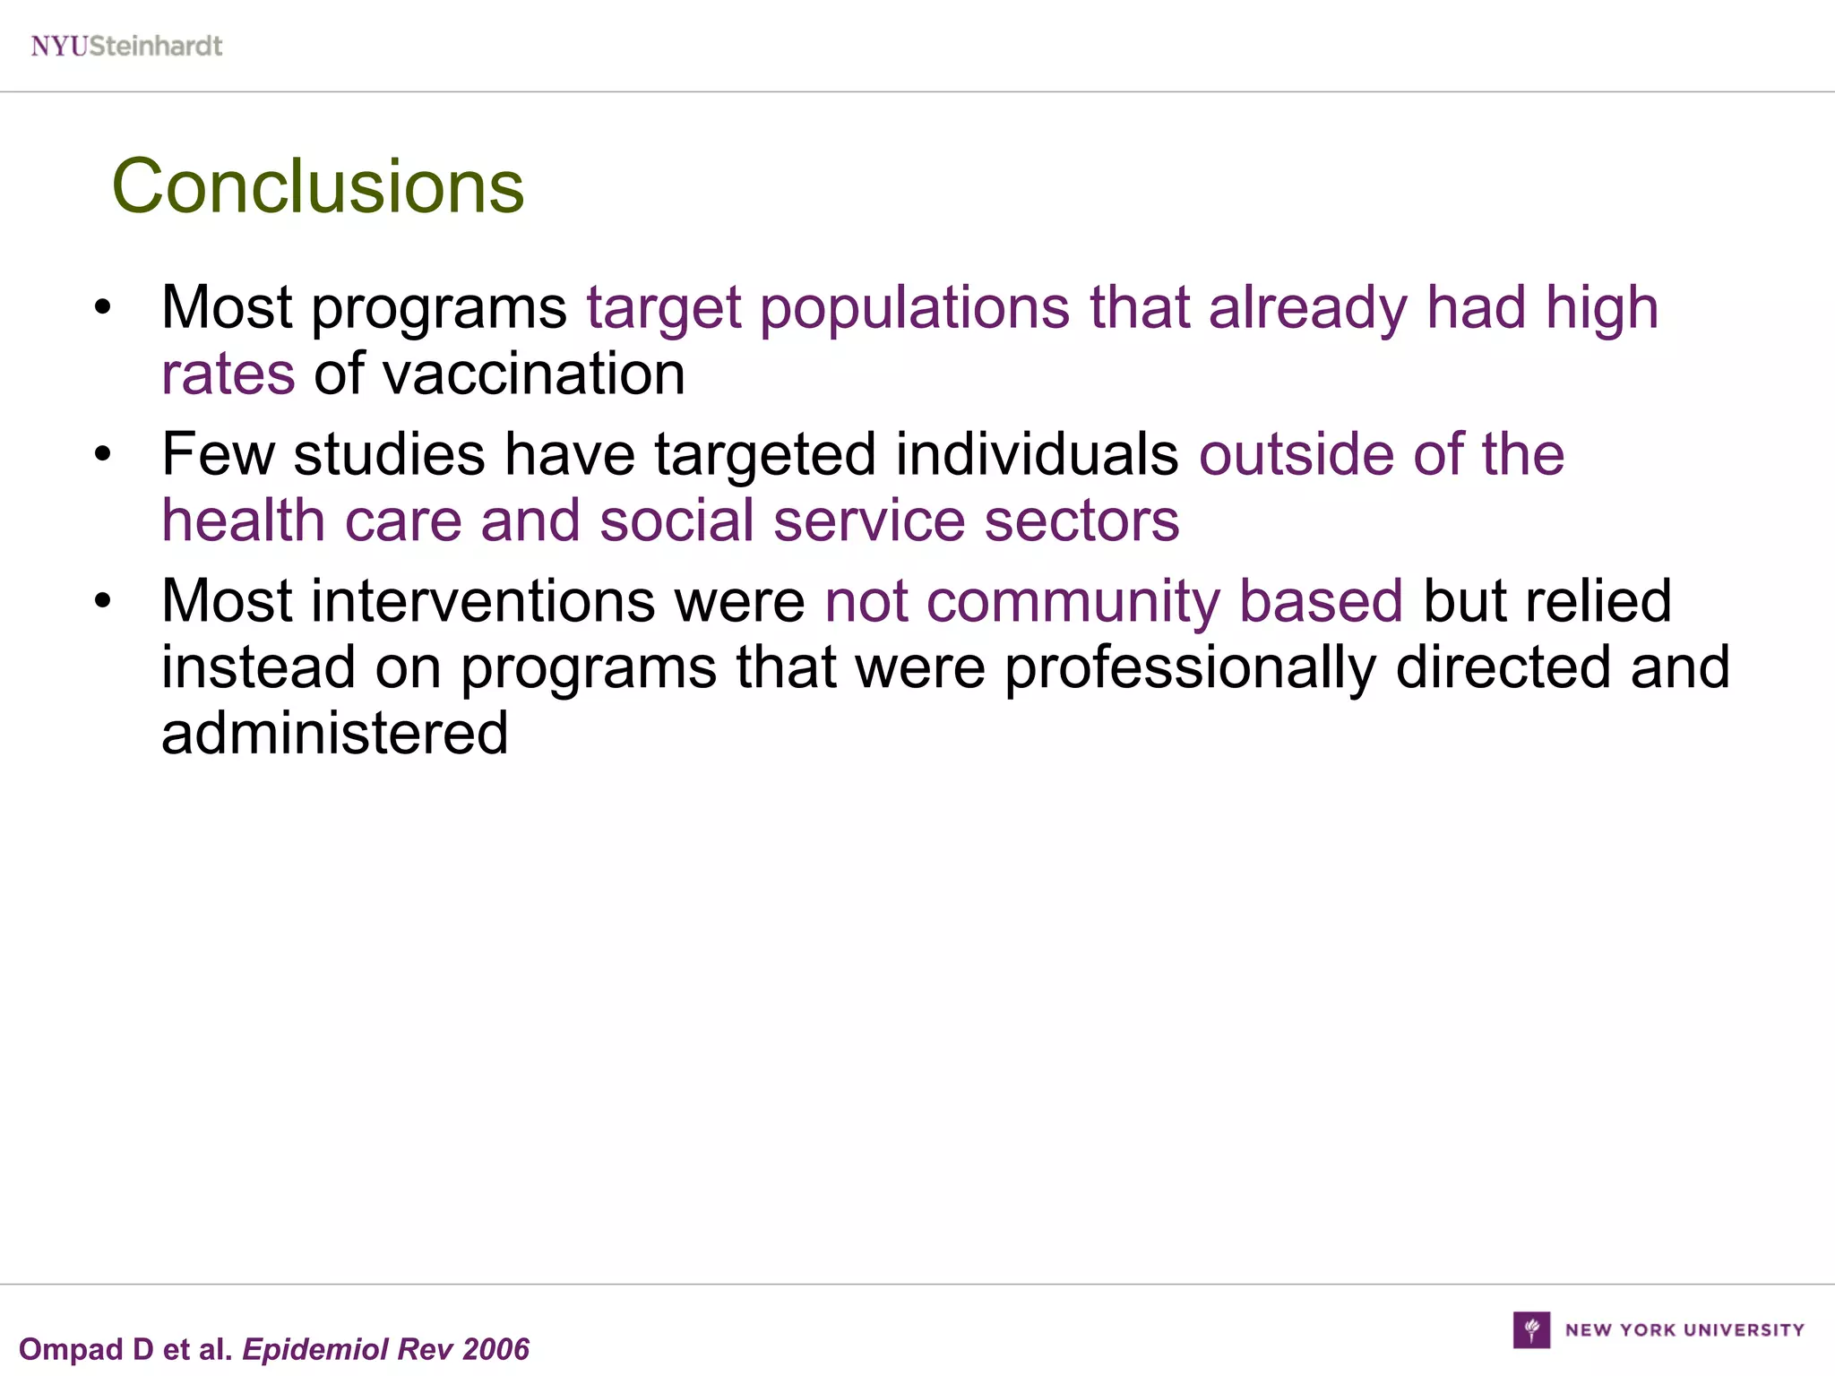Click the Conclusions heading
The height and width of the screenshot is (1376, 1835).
(318, 186)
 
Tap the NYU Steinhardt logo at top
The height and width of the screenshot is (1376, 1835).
(126, 46)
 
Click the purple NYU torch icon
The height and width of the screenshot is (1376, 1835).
(1531, 1329)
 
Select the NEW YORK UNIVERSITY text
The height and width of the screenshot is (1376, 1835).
(1684, 1330)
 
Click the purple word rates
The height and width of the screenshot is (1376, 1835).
(228, 374)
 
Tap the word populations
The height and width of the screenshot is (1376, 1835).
(915, 308)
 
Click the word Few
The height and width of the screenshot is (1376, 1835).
(218, 454)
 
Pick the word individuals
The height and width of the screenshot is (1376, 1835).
(1037, 454)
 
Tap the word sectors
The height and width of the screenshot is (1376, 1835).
(1081, 520)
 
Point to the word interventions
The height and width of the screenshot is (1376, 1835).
(483, 600)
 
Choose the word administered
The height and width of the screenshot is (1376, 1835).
(335, 733)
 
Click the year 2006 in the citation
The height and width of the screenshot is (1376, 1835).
(496, 1349)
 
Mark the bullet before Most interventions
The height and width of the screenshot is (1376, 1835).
(103, 601)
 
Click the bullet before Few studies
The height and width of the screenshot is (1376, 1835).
(103, 455)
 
